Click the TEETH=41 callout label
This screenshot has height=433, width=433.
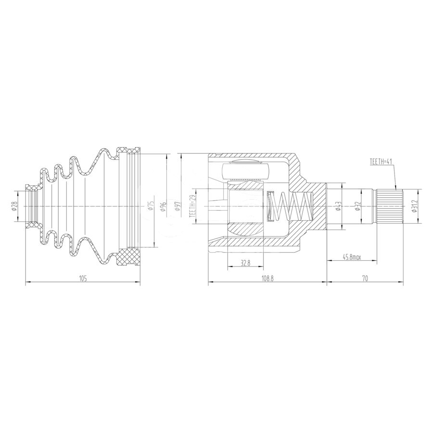[381, 162]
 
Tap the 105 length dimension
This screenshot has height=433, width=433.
[83, 279]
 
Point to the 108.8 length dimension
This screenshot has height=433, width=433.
[267, 279]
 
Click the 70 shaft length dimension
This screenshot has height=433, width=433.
[365, 279]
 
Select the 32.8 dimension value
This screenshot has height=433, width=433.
[245, 263]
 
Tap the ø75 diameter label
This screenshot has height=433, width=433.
[150, 207]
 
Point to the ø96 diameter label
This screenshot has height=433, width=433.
[164, 207]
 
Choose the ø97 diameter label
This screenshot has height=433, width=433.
[177, 207]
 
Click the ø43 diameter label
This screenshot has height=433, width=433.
[339, 207]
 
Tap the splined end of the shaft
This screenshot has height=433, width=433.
[389, 207]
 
